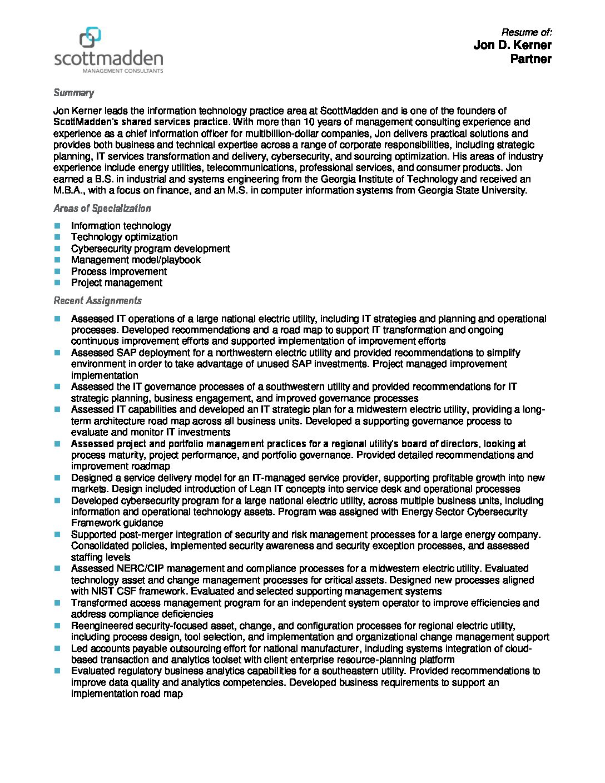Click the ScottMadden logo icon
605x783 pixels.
(90, 37)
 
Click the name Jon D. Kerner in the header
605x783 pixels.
(512, 45)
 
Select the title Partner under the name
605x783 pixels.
(530, 59)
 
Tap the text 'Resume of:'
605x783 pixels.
(526, 32)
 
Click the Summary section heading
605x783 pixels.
(73, 93)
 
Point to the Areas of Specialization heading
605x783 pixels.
(102, 209)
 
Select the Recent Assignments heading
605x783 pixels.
(97, 301)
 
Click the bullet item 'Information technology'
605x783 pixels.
(121, 226)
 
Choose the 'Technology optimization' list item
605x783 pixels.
(124, 237)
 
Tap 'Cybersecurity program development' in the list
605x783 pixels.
(150, 249)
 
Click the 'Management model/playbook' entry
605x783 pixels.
(136, 260)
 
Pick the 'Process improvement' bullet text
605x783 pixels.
(118, 271)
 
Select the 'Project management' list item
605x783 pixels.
(116, 283)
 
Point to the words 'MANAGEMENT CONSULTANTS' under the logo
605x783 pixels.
(122, 71)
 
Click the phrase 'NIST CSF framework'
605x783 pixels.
(130, 591)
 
